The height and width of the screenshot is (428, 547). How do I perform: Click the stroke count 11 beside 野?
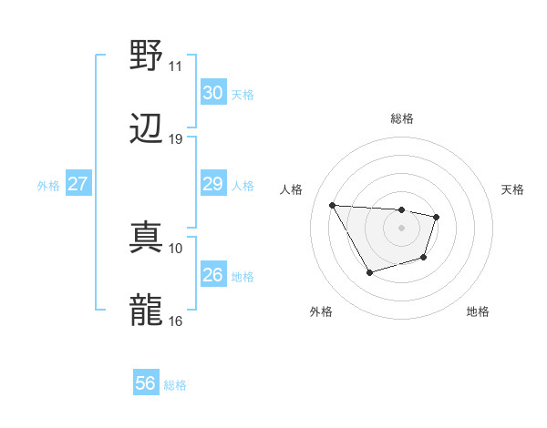point(175,66)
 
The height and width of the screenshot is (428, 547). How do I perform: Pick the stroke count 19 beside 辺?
point(175,138)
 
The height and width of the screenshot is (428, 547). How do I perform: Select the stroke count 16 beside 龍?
point(175,321)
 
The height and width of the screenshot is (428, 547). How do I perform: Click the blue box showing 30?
point(212,93)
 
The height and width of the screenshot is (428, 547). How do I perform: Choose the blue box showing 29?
point(212,185)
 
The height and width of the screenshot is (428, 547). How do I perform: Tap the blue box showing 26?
point(212,275)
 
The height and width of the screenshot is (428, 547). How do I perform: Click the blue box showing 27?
point(78,185)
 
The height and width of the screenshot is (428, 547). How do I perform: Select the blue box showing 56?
point(146,383)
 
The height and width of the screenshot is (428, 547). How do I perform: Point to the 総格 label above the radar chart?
point(402,118)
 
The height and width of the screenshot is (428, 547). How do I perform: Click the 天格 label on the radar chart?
point(513,189)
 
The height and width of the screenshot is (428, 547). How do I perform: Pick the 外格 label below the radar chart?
point(321,311)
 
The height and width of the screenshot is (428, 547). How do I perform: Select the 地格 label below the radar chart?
point(478,311)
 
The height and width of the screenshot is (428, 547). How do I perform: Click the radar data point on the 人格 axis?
point(332,204)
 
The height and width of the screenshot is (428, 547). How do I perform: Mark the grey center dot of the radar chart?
point(402,227)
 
